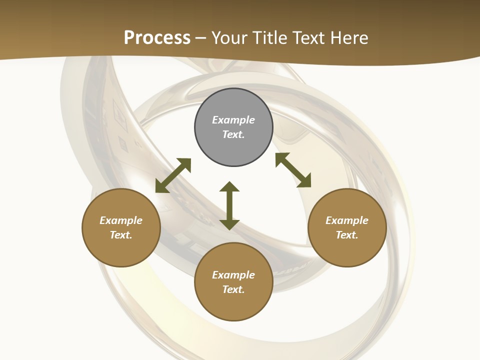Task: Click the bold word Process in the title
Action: tap(157, 38)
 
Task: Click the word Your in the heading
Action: tap(229, 38)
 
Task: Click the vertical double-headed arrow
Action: tap(229, 206)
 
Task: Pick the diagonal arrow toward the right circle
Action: tap(293, 170)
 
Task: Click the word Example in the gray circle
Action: tap(233, 120)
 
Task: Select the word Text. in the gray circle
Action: tap(233, 134)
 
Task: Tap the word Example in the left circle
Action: tap(121, 220)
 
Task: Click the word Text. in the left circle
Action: tap(121, 235)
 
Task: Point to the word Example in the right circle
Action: tap(347, 220)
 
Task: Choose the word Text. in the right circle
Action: tap(347, 235)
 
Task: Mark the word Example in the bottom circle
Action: tap(233, 275)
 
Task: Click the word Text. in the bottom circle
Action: tap(233, 289)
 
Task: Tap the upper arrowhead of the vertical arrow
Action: tap(229, 187)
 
